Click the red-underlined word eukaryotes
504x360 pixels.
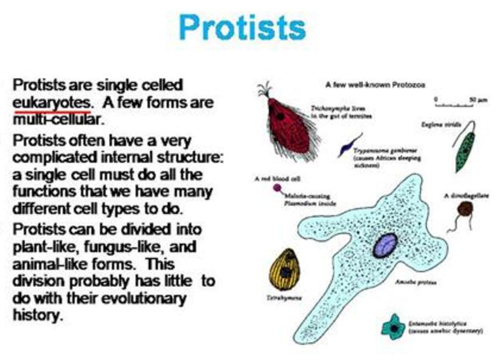51,102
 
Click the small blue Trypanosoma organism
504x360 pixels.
349,145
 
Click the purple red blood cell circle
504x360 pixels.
277,188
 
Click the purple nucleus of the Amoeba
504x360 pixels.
385,245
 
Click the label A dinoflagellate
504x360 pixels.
466,196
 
